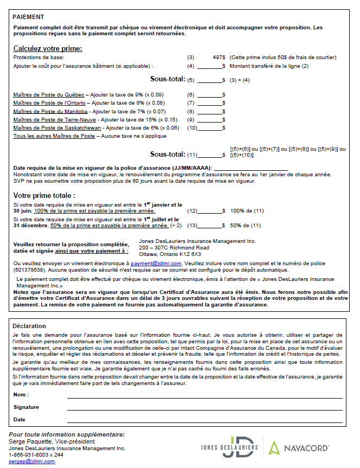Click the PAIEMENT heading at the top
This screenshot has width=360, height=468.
[x=29, y=17]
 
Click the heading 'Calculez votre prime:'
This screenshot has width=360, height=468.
[x=48, y=48]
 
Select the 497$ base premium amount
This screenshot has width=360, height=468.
[x=219, y=57]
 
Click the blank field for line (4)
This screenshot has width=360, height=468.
[x=210, y=66]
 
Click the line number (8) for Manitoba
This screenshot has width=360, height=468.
[x=190, y=111]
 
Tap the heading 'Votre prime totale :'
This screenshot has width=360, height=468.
[x=44, y=195]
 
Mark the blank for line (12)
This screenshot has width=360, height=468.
[x=210, y=210]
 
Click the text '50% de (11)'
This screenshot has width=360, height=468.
[x=247, y=225]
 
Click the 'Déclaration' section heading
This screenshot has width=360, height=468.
[x=29, y=326]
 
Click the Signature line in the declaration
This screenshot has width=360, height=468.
[x=205, y=407]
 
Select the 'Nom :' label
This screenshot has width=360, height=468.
[x=21, y=394]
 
